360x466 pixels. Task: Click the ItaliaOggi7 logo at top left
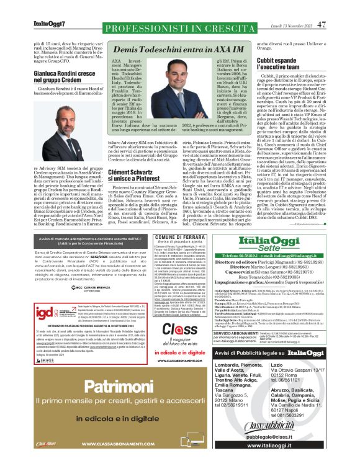click(49, 24)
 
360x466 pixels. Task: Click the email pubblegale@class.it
click(289, 437)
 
